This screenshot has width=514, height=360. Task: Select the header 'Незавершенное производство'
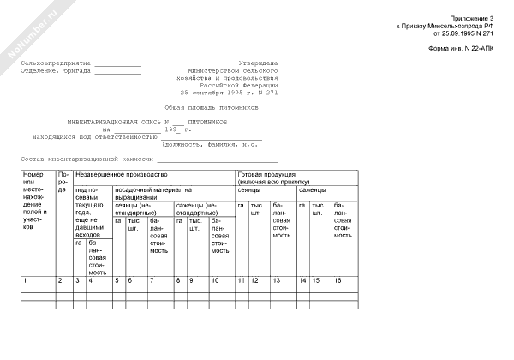[120, 175]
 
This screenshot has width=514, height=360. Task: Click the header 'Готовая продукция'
[270, 175]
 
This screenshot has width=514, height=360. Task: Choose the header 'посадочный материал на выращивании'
[152, 193]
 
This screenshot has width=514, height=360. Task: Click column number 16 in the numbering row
[338, 280]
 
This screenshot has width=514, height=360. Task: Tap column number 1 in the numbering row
[27, 280]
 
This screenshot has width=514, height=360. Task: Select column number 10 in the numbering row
[215, 280]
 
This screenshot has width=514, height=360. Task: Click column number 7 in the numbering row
[153, 280]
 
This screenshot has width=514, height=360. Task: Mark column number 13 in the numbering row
[276, 280]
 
